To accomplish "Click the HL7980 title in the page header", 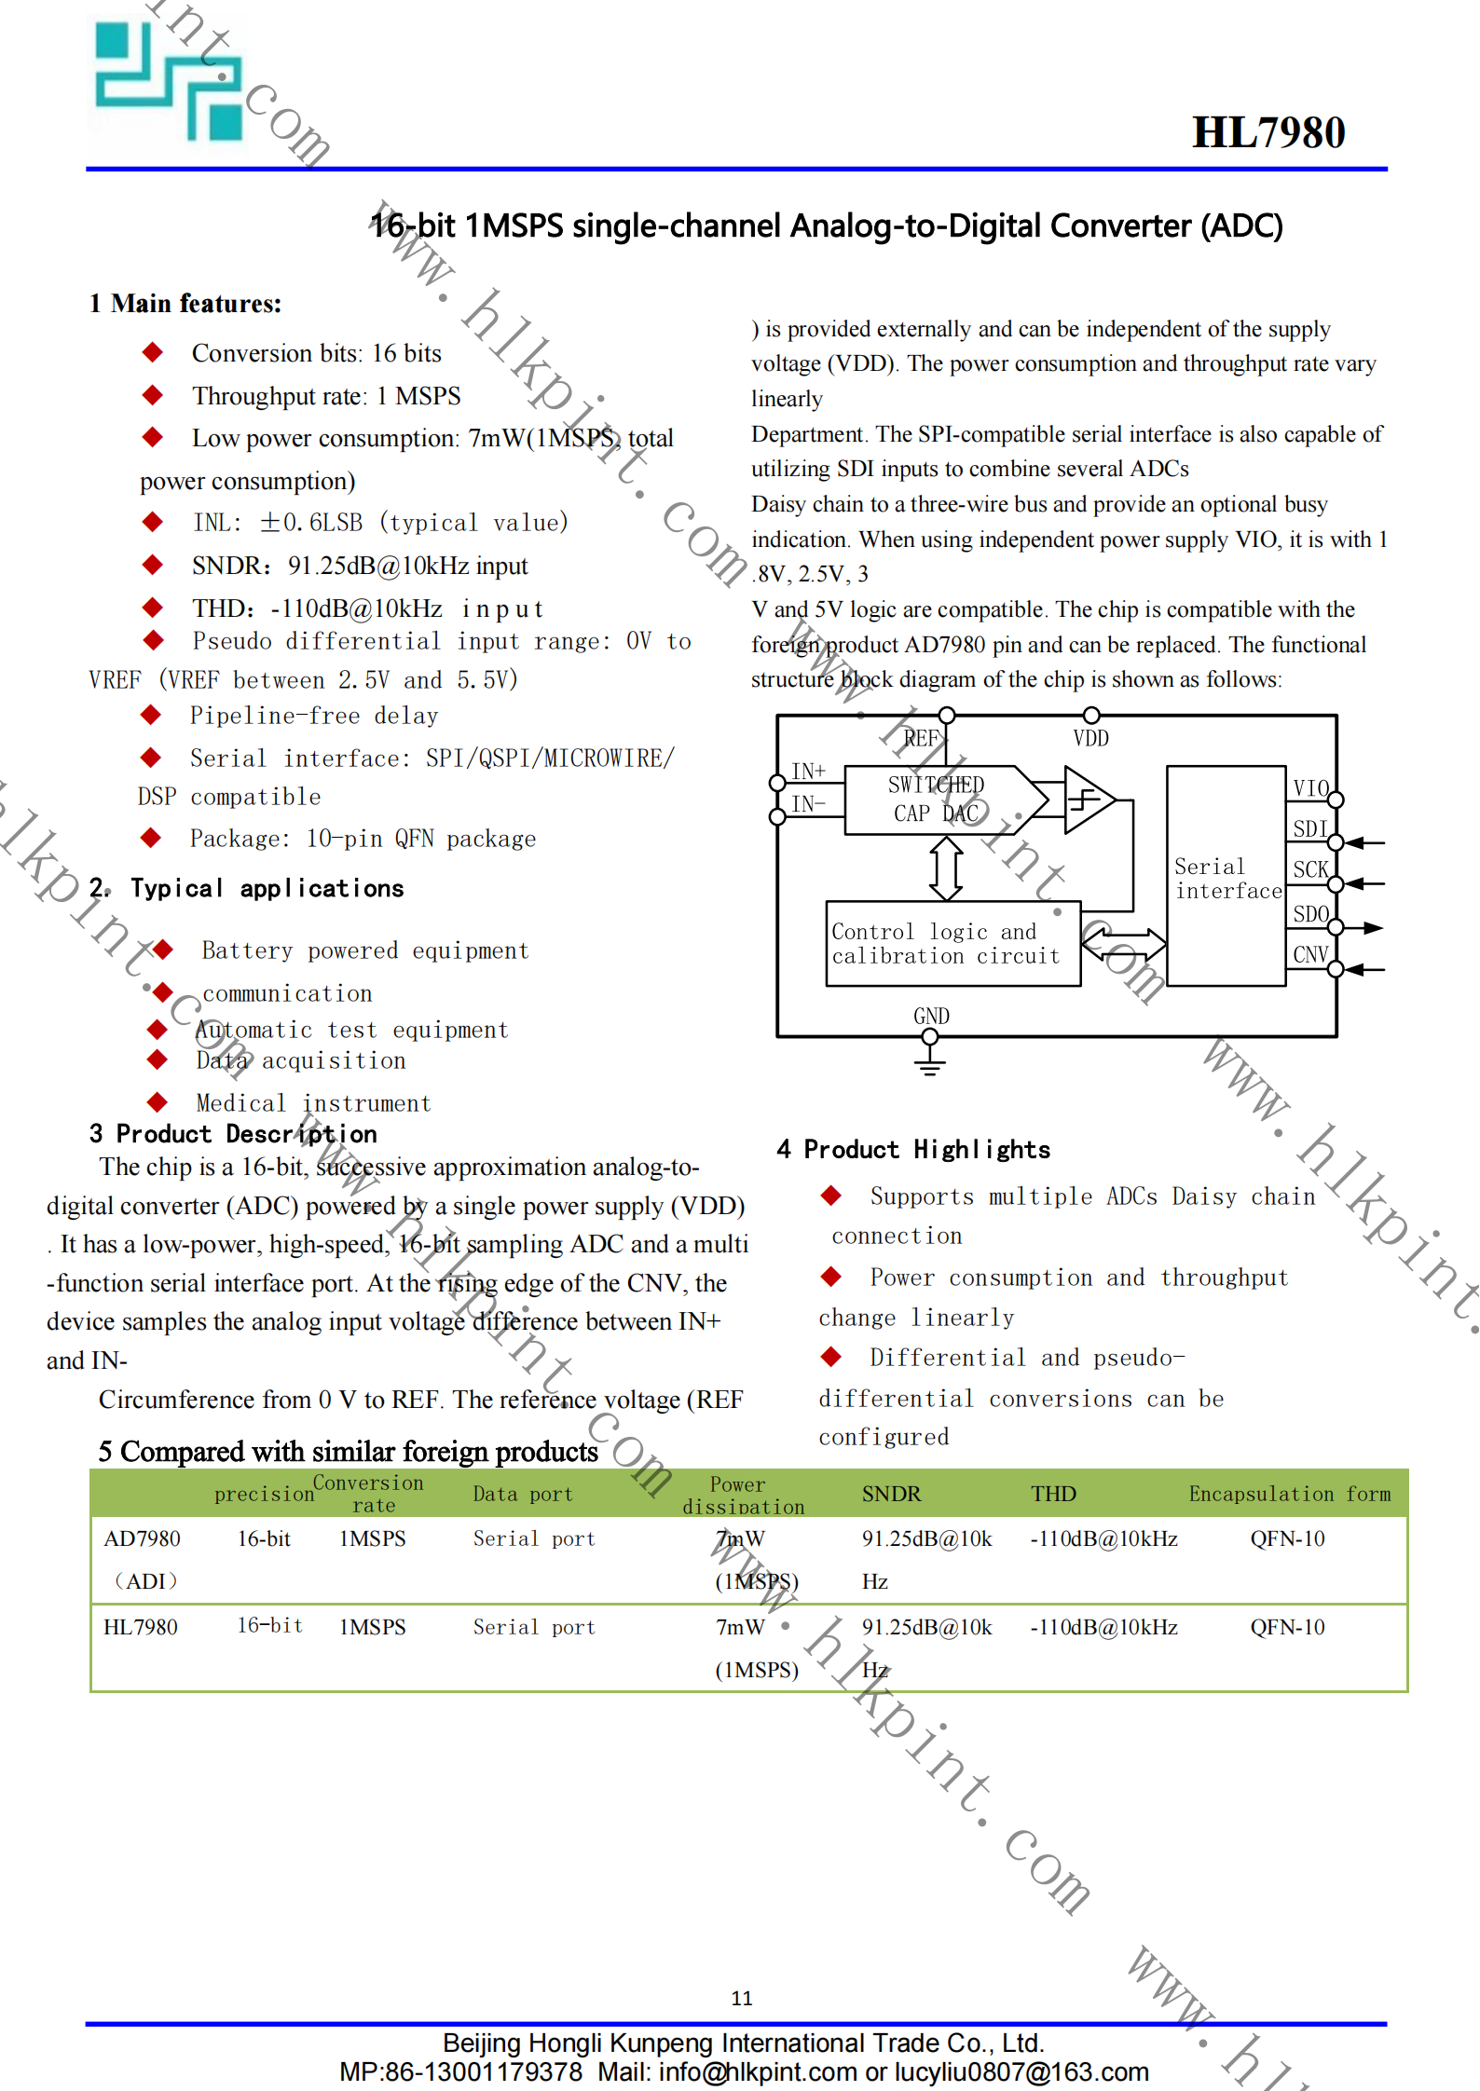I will [1268, 132].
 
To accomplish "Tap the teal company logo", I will [169, 82].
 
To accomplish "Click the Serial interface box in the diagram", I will [1226, 876].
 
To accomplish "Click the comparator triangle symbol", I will [1087, 799].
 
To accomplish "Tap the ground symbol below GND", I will [929, 1062].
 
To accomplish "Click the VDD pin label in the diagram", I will [1090, 739].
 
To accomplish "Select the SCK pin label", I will [1309, 869].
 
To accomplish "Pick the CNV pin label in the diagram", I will [1309, 954].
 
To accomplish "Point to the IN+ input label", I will [808, 771].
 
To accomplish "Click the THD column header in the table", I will [1053, 1494].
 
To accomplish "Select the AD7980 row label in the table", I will [142, 1538].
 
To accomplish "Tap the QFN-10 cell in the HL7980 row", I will [1286, 1627].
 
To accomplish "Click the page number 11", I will [741, 1998].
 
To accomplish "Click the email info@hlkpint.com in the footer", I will [757, 2072].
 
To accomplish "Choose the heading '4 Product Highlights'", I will [912, 1149].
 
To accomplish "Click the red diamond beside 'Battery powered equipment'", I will [163, 950].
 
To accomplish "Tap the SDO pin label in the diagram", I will [1309, 914].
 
